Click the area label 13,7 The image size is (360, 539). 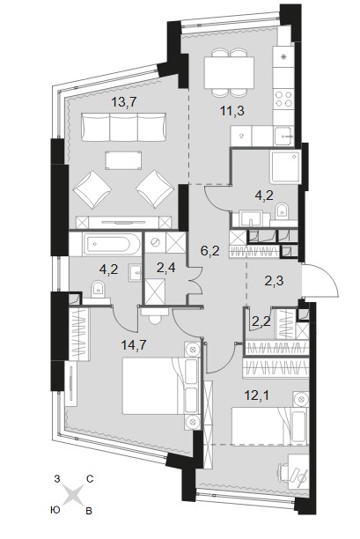[x=124, y=102]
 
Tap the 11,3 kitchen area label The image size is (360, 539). [x=231, y=111]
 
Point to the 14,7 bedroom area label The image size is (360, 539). [x=134, y=344]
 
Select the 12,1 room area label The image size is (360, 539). [x=257, y=395]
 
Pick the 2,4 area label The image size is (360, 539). [x=165, y=268]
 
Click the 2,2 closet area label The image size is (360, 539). [x=261, y=321]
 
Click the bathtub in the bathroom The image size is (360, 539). [x=112, y=244]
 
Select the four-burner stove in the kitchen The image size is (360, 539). [x=284, y=99]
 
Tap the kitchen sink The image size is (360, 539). [x=284, y=136]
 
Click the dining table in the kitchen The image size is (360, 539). [x=229, y=72]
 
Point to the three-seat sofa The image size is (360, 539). [x=123, y=128]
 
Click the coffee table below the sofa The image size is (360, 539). [x=123, y=160]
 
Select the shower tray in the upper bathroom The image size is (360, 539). [x=284, y=167]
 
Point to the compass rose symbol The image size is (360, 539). [x=73, y=495]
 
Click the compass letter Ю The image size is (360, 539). [x=55, y=510]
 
